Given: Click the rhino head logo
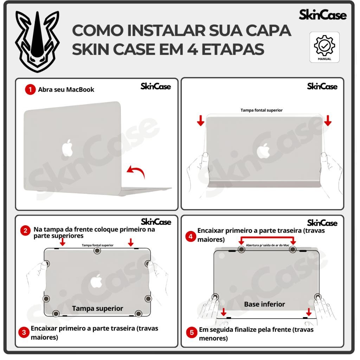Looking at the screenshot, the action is coord(37,41).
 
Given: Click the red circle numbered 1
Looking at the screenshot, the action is coord(30,90).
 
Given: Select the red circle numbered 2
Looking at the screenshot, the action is coord(25,231).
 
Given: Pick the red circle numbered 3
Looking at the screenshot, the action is coord(24,332).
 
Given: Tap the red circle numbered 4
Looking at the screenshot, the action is coord(191,236).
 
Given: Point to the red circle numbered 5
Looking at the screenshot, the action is coord(192,333).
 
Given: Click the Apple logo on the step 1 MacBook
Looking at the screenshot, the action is coord(67,148).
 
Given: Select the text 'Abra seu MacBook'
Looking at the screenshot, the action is coord(66,90).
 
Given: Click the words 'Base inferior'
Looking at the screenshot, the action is coord(264,304).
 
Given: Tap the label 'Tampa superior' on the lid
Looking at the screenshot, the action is coord(98,308).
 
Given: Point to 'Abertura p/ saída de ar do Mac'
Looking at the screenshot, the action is coord(268,245).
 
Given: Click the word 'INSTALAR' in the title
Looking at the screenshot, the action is coord(166,31).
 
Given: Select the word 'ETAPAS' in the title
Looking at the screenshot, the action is coord(233,49).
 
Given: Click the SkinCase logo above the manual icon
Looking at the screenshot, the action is coord(323,15).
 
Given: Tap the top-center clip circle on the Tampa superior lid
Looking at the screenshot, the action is coord(97,251).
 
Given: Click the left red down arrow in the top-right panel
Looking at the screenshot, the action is coord(201,121).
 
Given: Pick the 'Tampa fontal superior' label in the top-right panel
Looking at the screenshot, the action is coord(262,110).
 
